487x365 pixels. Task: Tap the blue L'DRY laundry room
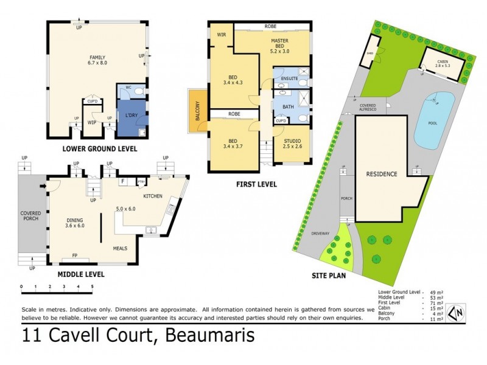click(131, 116)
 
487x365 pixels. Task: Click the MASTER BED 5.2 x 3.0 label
click(279, 45)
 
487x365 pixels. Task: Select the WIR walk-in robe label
click(222, 35)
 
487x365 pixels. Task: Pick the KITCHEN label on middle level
click(151, 196)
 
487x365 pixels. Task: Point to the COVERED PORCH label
click(30, 216)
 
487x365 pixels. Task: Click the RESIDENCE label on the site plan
click(381, 174)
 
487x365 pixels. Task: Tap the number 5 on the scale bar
click(92, 286)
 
